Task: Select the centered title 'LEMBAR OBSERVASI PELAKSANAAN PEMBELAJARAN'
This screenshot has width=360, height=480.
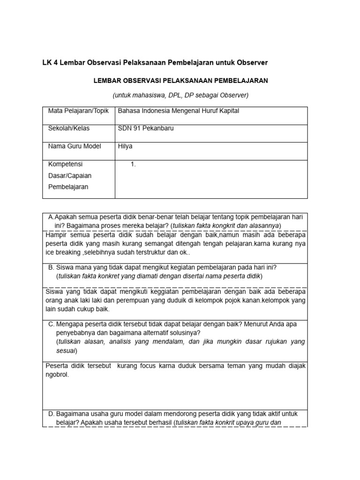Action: click(x=180, y=81)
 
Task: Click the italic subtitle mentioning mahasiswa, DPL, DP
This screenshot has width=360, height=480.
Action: click(x=180, y=95)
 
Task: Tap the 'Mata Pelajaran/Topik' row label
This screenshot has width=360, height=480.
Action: click(x=78, y=111)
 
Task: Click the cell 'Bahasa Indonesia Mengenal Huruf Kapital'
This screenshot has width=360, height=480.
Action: click(x=179, y=111)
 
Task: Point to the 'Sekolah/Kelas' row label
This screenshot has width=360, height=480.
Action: click(x=69, y=128)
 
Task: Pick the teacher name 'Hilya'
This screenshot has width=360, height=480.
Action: click(x=125, y=146)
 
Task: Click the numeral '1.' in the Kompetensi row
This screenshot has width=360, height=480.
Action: click(x=133, y=165)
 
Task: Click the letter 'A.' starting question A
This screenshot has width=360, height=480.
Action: click(x=52, y=217)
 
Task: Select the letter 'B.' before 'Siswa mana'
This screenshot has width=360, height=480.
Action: click(x=52, y=267)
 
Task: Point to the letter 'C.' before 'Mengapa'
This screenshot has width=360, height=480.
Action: click(x=52, y=324)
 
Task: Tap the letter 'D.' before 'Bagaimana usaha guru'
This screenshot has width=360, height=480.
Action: click(x=52, y=414)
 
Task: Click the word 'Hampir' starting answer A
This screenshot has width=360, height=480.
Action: click(x=56, y=234)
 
